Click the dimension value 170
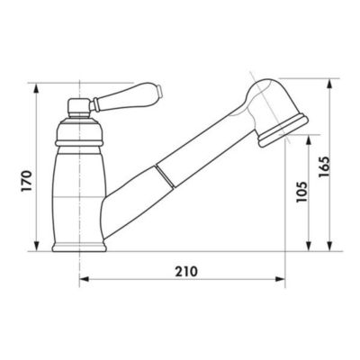point(27,181)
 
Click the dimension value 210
point(186,272)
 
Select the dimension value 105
point(301,192)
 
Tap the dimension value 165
point(324,166)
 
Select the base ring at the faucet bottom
point(79,247)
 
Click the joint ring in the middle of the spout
point(165,175)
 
